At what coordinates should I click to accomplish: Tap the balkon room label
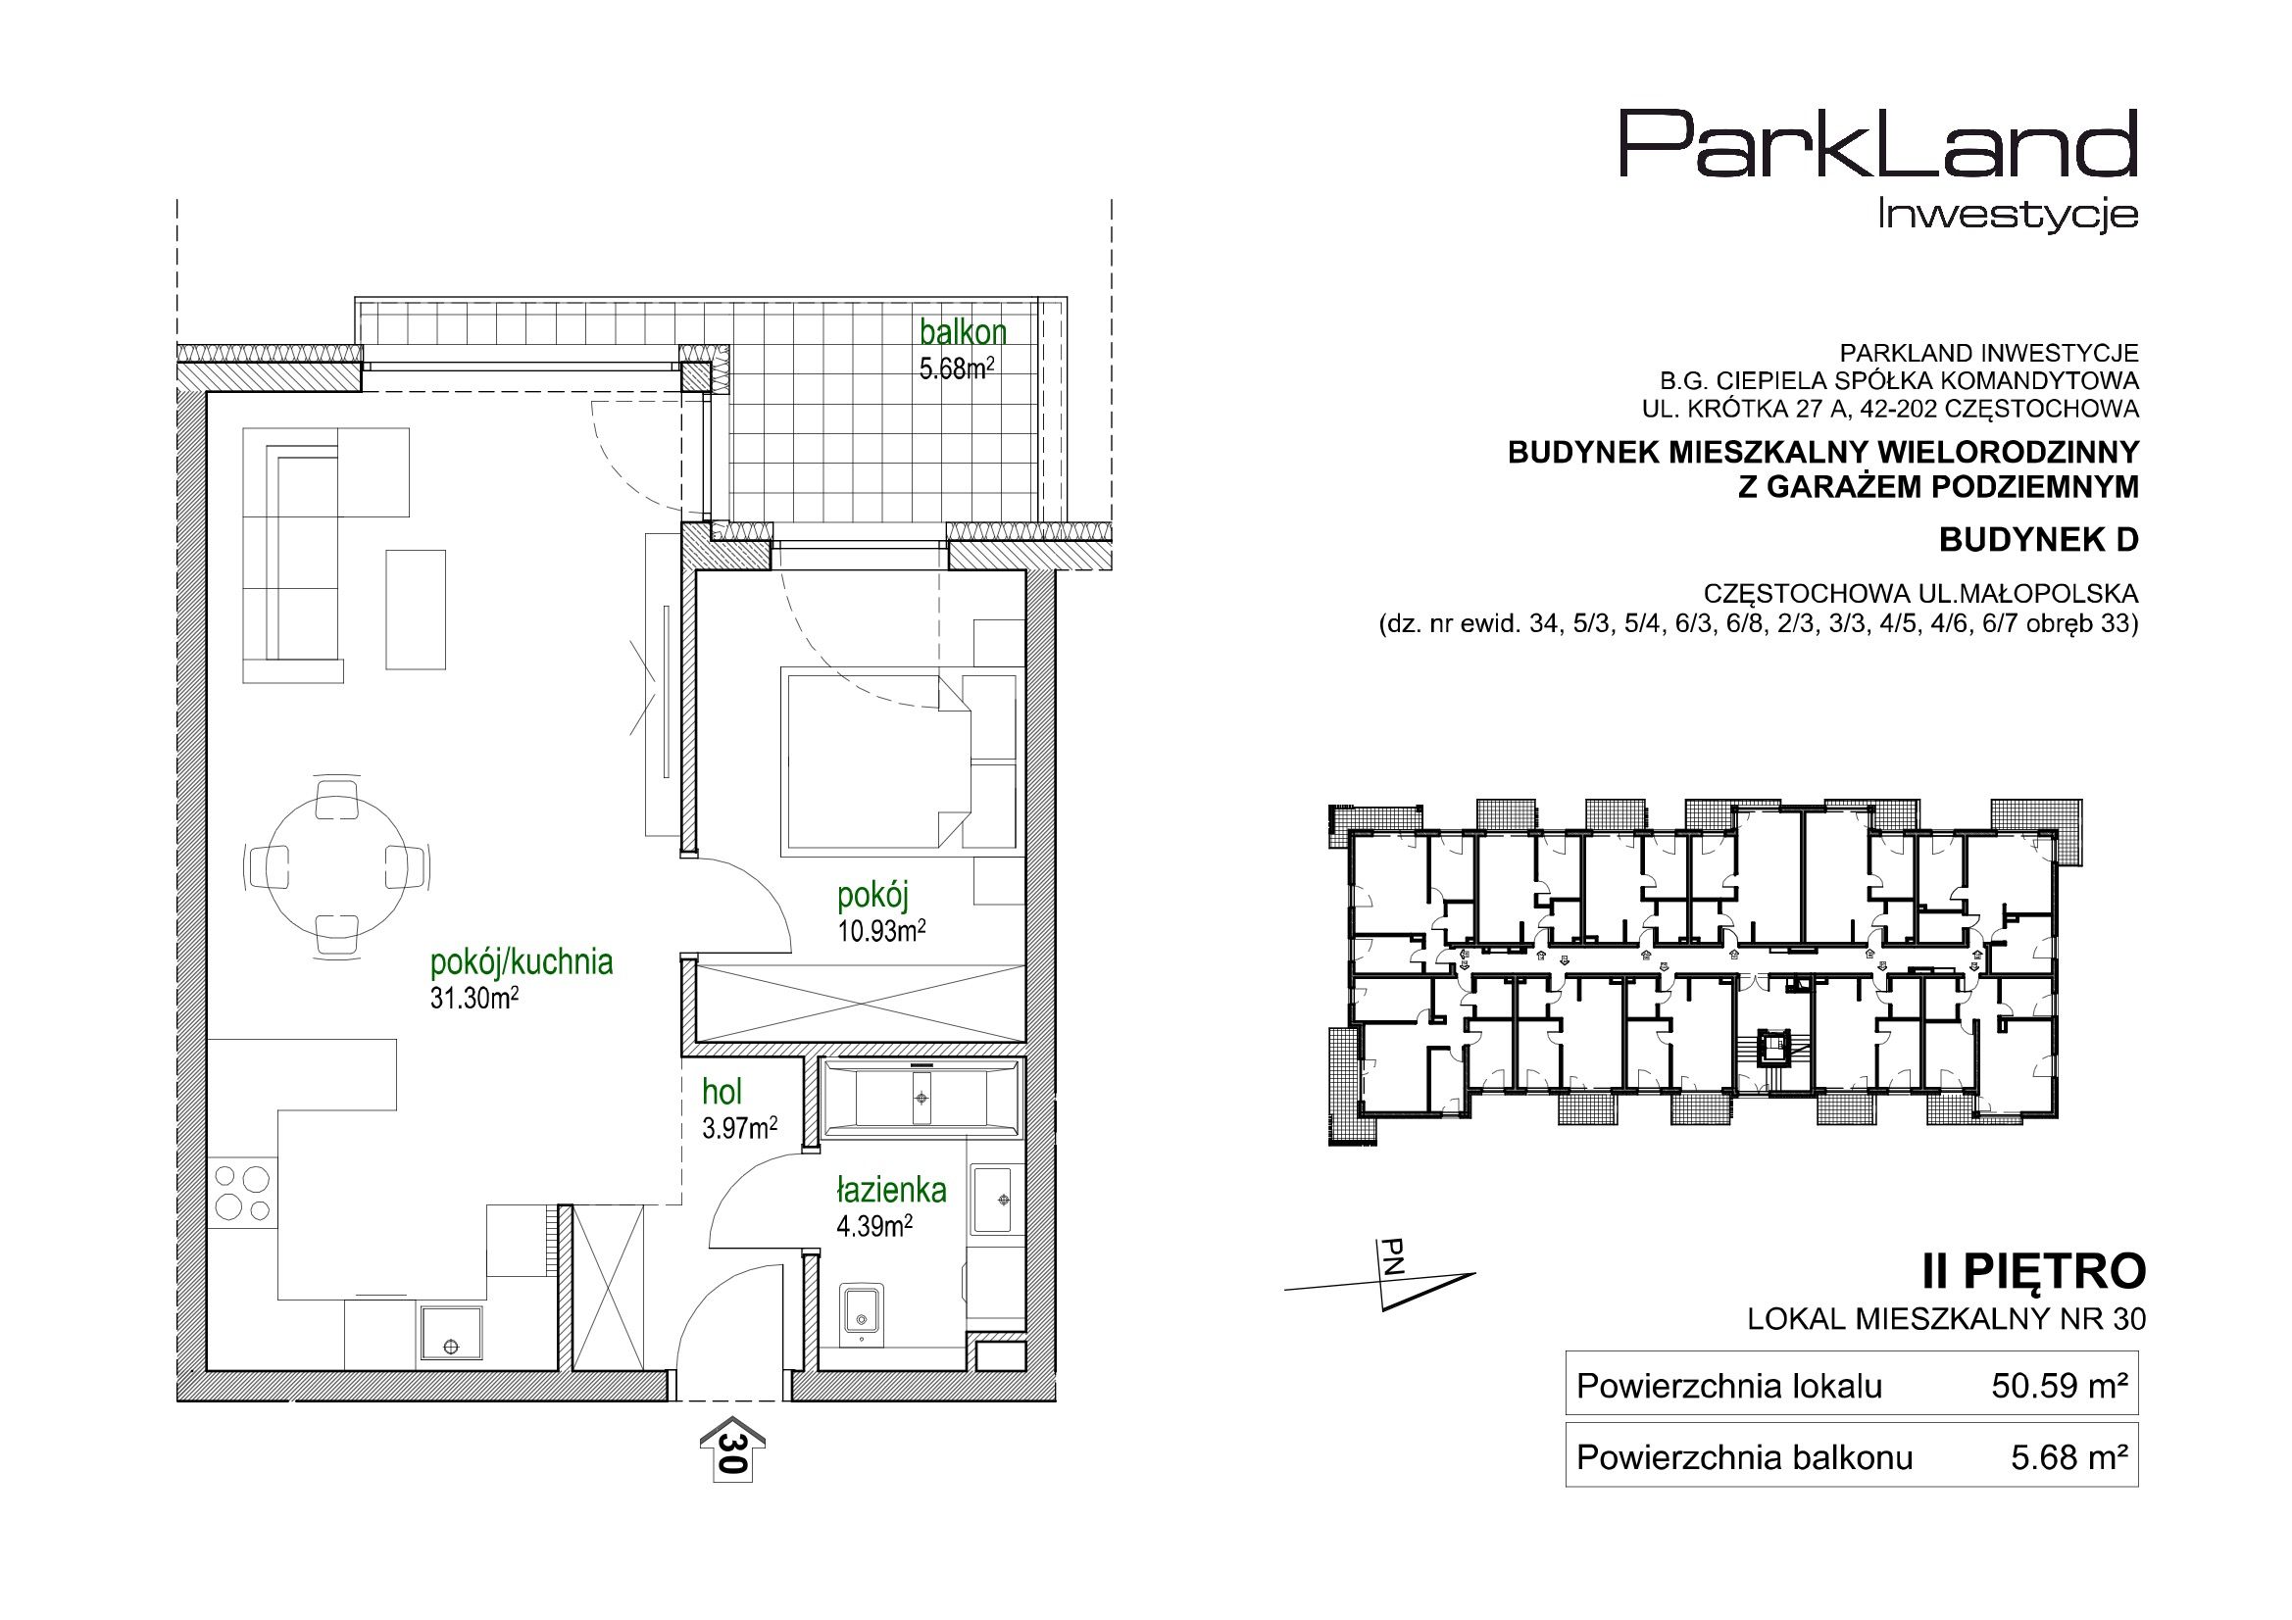(964, 331)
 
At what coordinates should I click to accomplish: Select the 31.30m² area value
(474, 997)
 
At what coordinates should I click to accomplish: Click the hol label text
(722, 1093)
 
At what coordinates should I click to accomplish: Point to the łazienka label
(891, 1191)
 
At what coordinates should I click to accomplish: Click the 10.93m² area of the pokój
(881, 931)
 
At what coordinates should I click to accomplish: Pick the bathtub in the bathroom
(921, 1098)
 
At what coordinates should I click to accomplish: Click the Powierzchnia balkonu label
(1745, 1458)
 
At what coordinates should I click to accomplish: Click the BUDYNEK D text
(2038, 540)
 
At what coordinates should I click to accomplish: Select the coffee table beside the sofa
(416, 609)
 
